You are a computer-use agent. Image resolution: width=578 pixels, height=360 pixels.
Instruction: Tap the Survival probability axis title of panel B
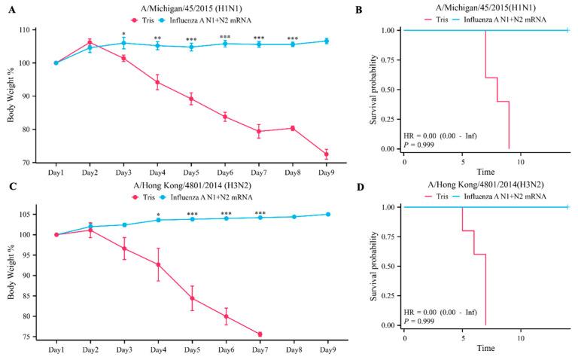376,89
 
